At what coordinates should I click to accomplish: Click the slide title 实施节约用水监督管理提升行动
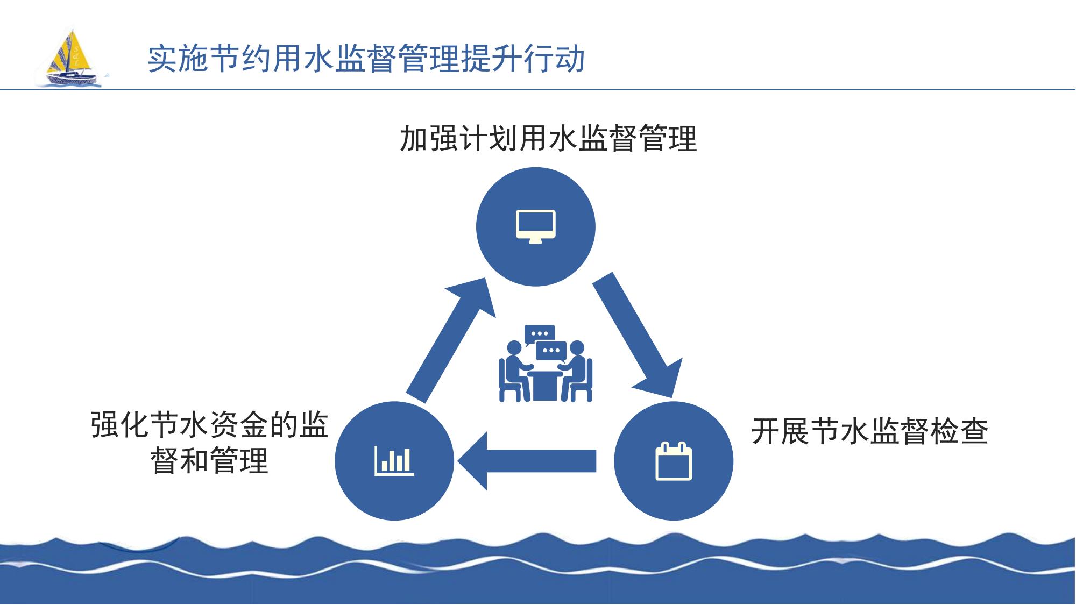tap(366, 58)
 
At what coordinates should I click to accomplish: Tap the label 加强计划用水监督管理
tap(548, 138)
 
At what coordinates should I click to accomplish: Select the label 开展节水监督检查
tap(870, 431)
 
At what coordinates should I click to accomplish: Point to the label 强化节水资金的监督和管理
tap(210, 442)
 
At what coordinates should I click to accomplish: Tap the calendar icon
tap(674, 461)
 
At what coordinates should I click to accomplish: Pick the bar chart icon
tap(394, 461)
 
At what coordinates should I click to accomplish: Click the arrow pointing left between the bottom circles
tap(527, 461)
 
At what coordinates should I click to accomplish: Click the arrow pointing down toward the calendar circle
tap(639, 336)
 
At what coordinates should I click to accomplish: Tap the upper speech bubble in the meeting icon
tap(540, 334)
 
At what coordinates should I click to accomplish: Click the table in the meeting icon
tap(546, 385)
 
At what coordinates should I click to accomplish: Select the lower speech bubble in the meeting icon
tap(551, 351)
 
